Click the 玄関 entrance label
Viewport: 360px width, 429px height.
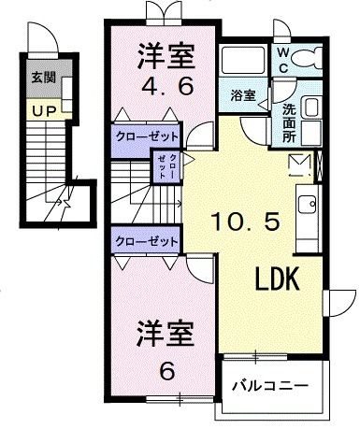coord(40,79)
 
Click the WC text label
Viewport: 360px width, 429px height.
coord(281,61)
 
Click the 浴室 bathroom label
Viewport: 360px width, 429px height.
coord(242,95)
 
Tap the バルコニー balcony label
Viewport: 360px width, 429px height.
coord(271,383)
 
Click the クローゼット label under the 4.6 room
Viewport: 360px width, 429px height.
coord(147,135)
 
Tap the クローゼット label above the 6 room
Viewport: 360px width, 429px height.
coord(147,241)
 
